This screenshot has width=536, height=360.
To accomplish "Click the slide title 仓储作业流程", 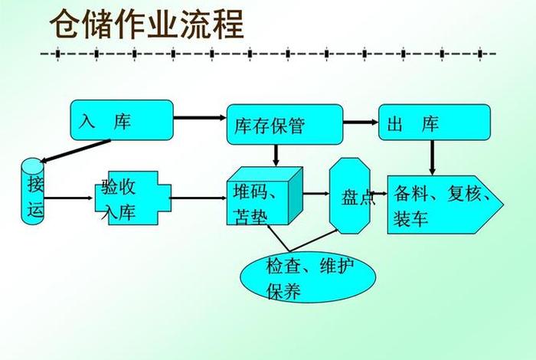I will tap(147, 25).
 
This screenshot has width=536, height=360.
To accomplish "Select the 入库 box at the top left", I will tap(122, 120).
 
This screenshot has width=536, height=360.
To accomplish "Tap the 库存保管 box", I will tap(284, 124).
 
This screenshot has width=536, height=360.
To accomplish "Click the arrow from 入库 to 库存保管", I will tap(199, 119).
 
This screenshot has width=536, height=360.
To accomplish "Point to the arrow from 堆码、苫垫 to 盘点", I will tap(316, 193).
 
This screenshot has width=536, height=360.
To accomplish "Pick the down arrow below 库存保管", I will tap(276, 154).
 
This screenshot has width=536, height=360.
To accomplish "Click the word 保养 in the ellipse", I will tap(283, 290).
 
